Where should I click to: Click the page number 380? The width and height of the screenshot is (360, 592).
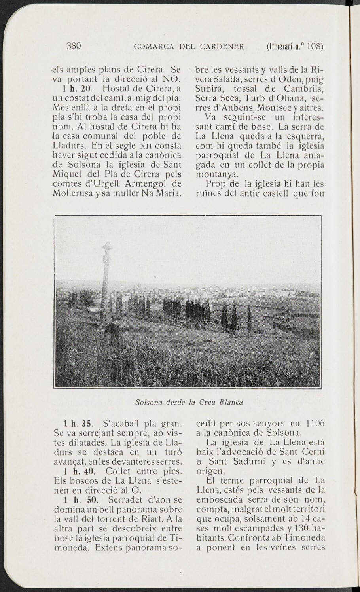[74, 46]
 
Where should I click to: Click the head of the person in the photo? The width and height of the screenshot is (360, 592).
[115, 319]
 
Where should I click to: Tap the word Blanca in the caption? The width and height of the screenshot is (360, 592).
[231, 402]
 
